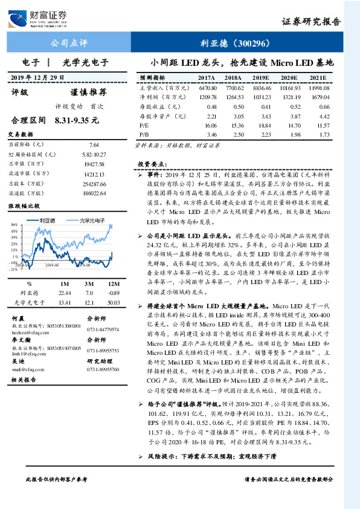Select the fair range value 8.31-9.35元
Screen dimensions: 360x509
pos(77,120)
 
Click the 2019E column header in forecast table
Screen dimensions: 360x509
pos(260,78)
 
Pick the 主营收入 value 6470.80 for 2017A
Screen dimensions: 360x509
pos(206,88)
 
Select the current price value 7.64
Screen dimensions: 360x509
pos(94,145)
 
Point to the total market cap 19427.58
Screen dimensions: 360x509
pos(93,164)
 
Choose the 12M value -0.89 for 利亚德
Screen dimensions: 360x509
pos(112,292)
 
